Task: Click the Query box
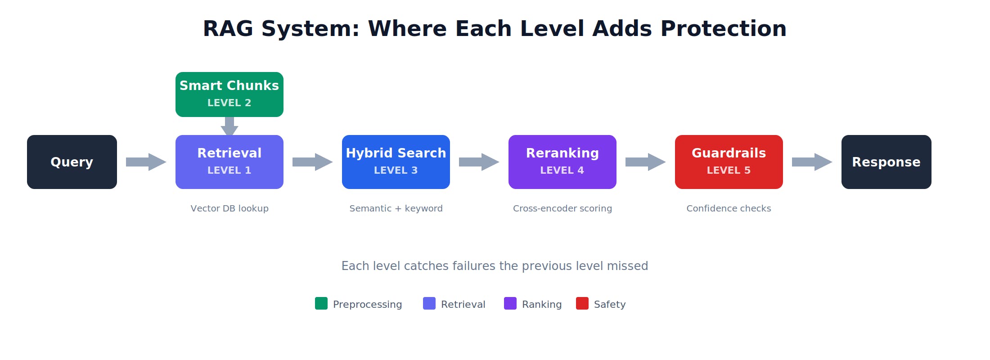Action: tap(72, 162)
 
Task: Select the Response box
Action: tap(886, 162)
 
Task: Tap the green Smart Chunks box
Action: tap(229, 94)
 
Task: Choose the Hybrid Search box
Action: tap(396, 162)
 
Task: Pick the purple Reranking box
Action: tap(562, 162)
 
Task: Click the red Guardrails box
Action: tap(729, 162)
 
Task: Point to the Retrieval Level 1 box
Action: tap(229, 162)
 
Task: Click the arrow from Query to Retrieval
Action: tap(146, 162)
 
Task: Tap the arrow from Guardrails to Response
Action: tap(812, 162)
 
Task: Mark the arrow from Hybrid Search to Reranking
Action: tap(479, 162)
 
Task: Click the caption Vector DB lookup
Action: tap(229, 208)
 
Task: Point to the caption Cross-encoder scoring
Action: tap(562, 208)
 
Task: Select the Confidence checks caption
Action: tap(729, 208)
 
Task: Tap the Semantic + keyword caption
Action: tap(396, 208)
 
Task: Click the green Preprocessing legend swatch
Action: tap(321, 303)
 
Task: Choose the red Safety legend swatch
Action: tap(582, 303)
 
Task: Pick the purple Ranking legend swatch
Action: tap(510, 303)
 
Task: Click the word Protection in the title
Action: tap(723, 29)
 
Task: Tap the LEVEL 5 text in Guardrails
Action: tap(729, 171)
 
